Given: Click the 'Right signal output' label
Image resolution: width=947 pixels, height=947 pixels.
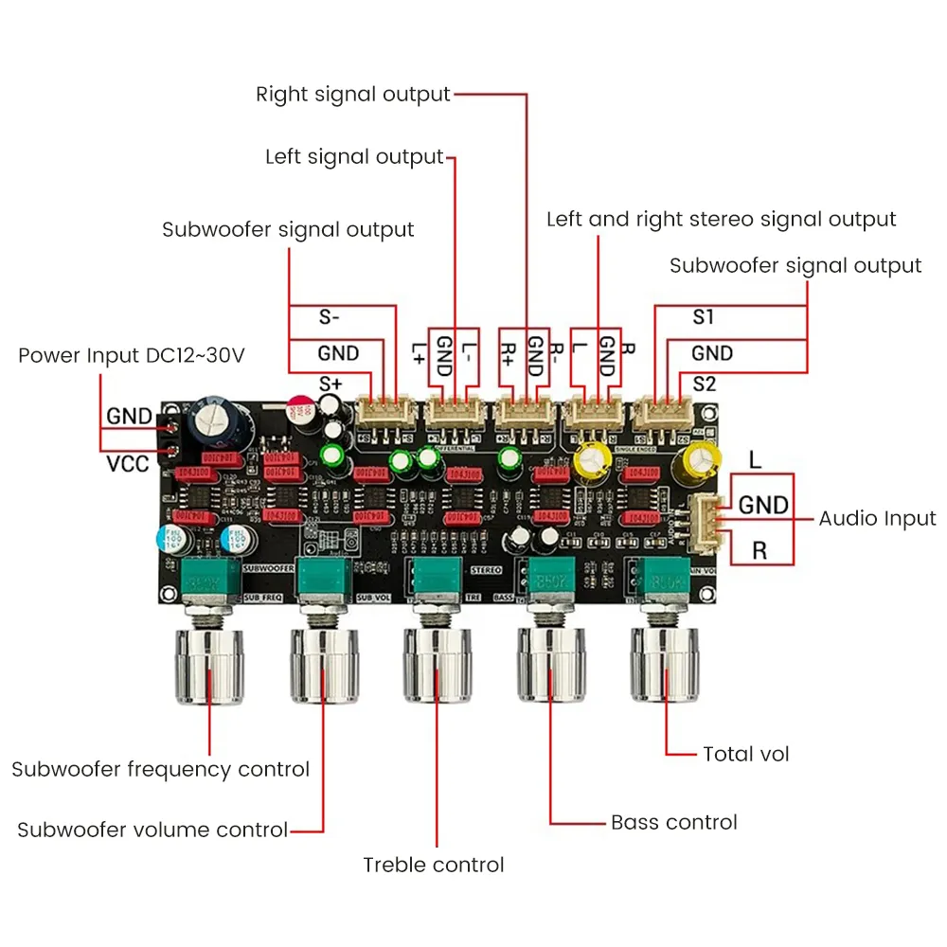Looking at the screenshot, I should click(x=353, y=95).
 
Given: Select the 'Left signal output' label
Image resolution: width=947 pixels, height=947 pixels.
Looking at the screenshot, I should click(x=354, y=157).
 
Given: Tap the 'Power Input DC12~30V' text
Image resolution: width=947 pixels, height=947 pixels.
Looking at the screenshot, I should click(x=132, y=356).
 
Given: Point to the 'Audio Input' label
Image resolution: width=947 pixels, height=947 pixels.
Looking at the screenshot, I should click(x=877, y=519).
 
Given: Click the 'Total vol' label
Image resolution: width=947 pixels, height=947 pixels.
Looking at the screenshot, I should click(x=745, y=755).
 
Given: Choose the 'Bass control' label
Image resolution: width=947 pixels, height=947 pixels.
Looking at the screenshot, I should click(x=673, y=822).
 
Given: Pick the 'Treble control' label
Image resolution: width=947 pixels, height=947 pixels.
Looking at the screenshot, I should click(x=434, y=865).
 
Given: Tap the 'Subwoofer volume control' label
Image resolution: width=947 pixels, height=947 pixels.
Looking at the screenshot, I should click(x=152, y=831).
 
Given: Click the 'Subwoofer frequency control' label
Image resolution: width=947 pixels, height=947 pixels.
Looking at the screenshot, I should click(x=160, y=769).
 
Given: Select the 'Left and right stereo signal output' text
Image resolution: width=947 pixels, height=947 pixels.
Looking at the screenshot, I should click(x=721, y=220).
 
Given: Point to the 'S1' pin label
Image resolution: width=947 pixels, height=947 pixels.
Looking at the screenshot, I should click(x=703, y=317).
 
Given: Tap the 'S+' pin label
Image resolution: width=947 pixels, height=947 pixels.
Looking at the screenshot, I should click(x=331, y=384).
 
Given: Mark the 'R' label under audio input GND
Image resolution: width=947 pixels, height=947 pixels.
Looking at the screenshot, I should click(x=759, y=550).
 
